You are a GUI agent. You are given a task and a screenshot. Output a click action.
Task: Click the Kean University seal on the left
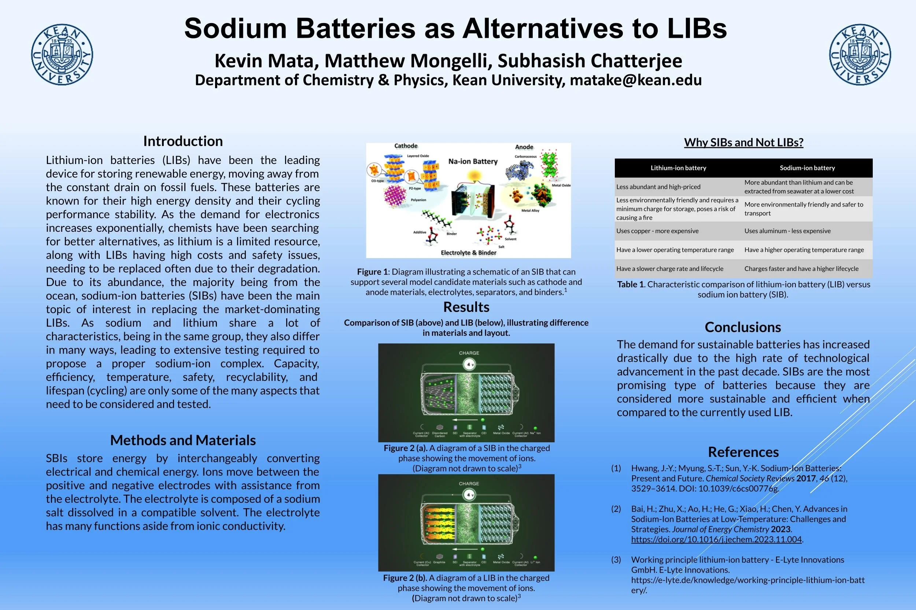pyautogui.click(x=62, y=55)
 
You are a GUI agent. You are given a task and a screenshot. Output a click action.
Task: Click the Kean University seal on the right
pyautogui.click(x=860, y=55)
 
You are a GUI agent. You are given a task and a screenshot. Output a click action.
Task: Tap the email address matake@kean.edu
pyautogui.click(x=636, y=80)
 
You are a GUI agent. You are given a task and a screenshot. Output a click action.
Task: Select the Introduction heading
pyautogui.click(x=183, y=141)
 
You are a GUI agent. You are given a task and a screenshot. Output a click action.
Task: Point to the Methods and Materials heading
pyautogui.click(x=183, y=440)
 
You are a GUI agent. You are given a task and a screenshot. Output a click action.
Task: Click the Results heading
pyautogui.click(x=466, y=307)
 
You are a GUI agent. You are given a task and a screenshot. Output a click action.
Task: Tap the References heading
pyautogui.click(x=743, y=452)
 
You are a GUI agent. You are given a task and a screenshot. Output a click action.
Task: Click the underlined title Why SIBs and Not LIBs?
pyautogui.click(x=743, y=142)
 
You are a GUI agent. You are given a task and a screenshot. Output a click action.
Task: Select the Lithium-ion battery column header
pyautogui.click(x=678, y=168)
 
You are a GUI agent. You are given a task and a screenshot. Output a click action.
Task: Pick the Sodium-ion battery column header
pyautogui.click(x=808, y=168)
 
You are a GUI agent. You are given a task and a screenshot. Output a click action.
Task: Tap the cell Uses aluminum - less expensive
pyautogui.click(x=787, y=231)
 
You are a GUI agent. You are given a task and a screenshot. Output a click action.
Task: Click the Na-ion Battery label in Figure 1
pyautogui.click(x=473, y=161)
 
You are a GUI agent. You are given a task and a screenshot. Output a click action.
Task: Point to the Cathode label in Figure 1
pyautogui.click(x=406, y=146)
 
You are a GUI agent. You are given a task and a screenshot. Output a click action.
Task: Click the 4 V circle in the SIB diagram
pyautogui.click(x=469, y=365)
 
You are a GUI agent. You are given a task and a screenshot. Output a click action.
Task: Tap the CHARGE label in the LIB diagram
pyautogui.click(x=469, y=484)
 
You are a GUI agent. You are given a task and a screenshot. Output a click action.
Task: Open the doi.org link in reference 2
pyautogui.click(x=716, y=539)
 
